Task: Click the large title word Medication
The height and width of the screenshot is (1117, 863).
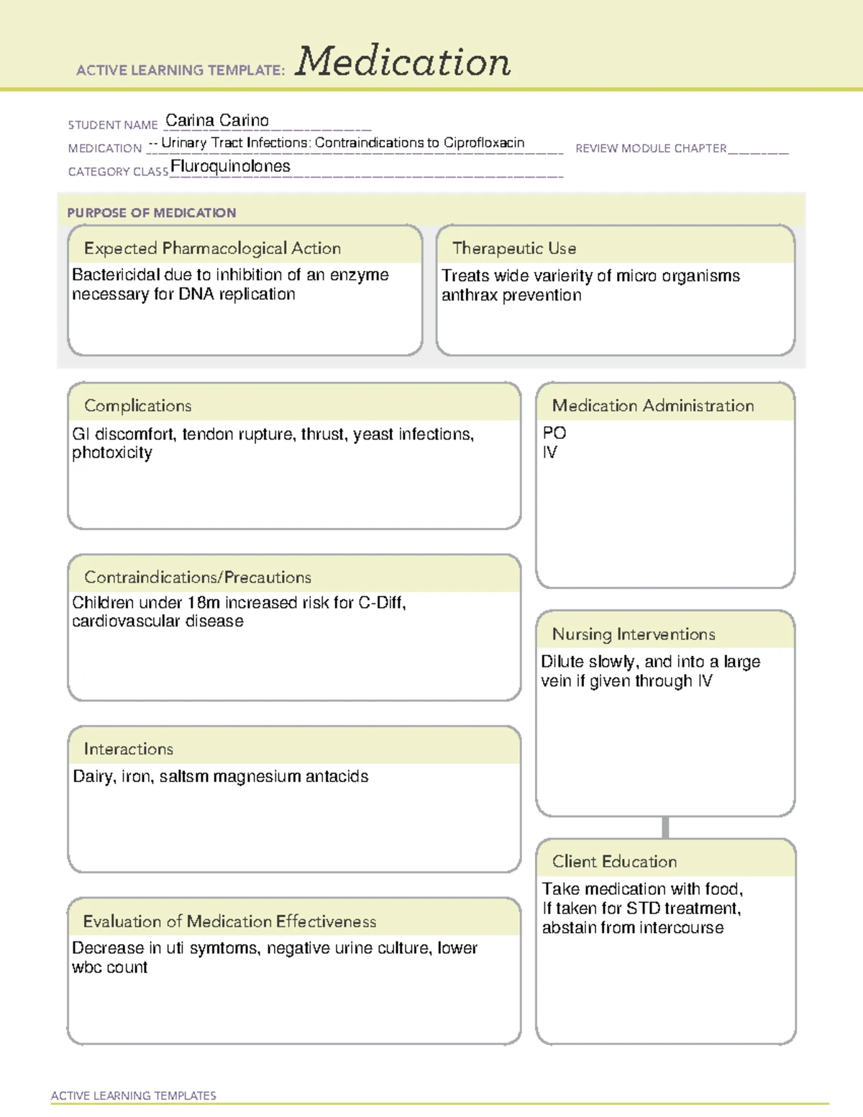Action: [403, 62]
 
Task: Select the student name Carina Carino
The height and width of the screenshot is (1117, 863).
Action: [217, 121]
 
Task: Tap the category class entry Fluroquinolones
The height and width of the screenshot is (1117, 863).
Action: [230, 167]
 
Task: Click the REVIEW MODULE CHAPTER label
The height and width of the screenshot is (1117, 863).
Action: [651, 149]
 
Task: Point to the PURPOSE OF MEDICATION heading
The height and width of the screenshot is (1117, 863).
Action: [152, 213]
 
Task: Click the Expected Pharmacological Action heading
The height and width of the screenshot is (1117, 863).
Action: [212, 249]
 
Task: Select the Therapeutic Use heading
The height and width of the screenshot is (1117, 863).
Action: [514, 249]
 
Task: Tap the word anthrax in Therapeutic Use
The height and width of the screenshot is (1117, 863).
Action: [469, 296]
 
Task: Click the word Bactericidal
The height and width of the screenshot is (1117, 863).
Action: [116, 275]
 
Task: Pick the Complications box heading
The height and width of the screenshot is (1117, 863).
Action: [138, 406]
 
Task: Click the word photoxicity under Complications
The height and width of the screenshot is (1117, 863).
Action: [112, 453]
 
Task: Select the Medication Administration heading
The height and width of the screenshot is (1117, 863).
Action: [653, 406]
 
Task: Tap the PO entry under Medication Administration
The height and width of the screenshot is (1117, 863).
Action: [554, 433]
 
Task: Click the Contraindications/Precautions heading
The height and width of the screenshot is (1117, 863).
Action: [198, 578]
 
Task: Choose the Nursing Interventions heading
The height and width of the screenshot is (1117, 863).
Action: [634, 634]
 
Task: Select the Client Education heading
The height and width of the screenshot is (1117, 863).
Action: [614, 862]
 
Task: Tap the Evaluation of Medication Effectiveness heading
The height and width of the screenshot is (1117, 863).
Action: [229, 922]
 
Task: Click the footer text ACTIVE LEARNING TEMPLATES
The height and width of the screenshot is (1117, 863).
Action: [134, 1095]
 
